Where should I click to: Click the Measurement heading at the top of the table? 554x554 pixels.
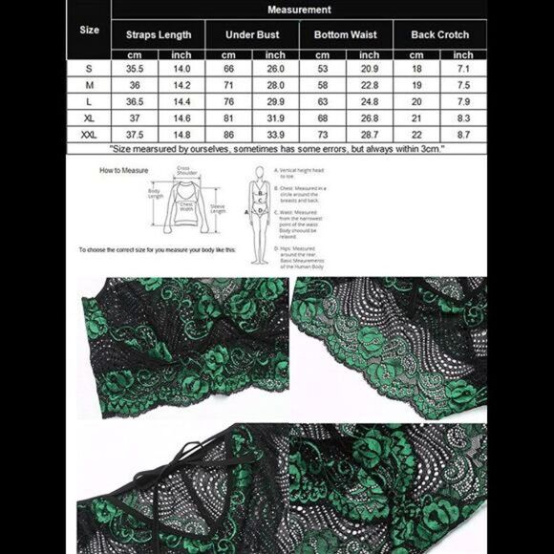pos(299,10)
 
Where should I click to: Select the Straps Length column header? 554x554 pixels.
pos(159,34)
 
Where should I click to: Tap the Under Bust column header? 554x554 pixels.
pos(252,34)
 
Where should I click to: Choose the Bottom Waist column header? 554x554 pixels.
pos(345,34)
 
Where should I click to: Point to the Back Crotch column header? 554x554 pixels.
pos(439,34)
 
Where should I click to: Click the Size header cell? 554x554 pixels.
pos(89,30)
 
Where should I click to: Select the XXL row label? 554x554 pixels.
pos(89,136)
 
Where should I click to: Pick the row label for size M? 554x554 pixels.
pos(89,85)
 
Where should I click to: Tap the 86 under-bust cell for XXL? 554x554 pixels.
pos(229,136)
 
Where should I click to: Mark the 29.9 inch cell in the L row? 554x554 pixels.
pos(275,102)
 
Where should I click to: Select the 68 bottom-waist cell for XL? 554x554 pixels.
pos(322,118)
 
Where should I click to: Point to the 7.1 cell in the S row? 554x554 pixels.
pos(462,69)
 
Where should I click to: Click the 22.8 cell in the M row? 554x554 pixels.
pos(369,85)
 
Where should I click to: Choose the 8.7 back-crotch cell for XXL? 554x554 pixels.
pos(462,136)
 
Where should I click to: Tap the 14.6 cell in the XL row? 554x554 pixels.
pos(181,118)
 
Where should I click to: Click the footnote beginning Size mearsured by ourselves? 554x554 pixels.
pos(277,150)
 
